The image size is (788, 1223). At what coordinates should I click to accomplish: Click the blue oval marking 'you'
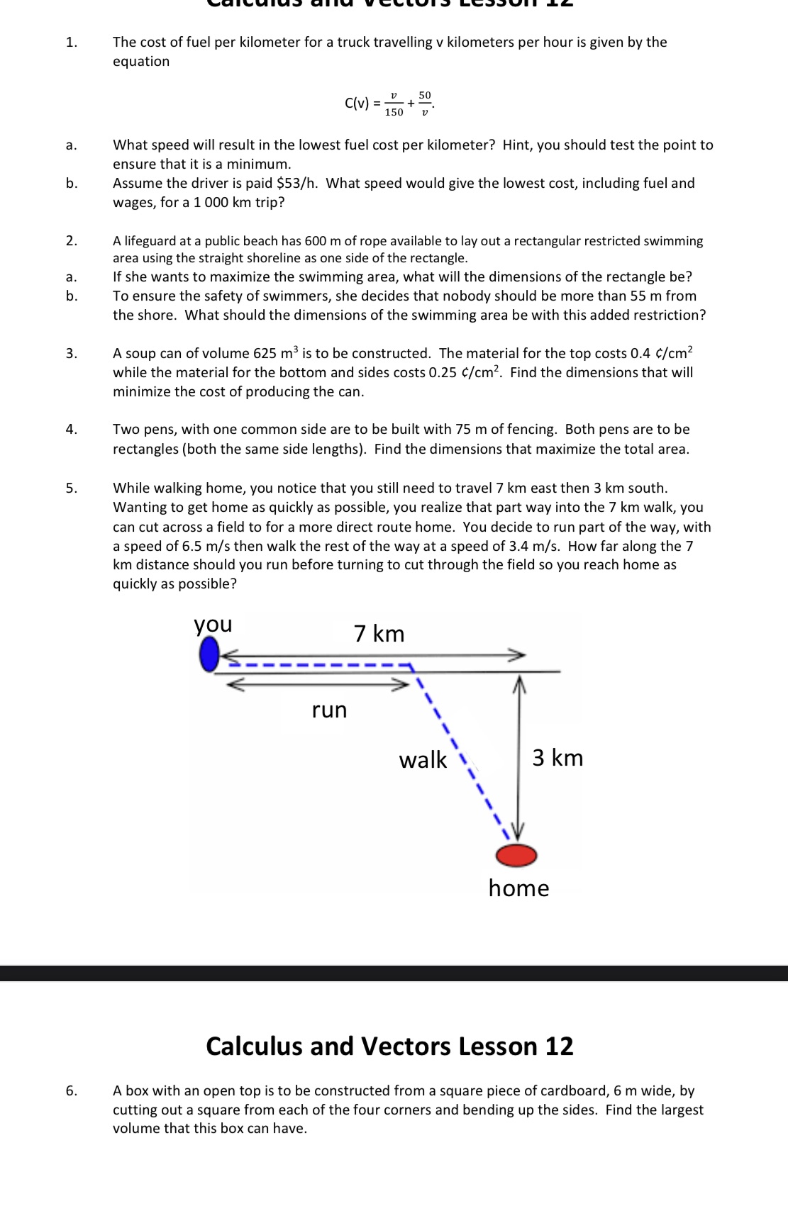209,654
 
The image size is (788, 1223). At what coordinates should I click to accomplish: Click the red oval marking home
516,856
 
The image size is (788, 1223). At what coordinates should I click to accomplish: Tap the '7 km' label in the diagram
379,633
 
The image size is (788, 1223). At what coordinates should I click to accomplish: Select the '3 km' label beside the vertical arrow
557,758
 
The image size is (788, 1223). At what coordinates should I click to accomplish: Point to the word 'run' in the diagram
329,710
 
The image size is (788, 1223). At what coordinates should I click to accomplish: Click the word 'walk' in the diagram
423,760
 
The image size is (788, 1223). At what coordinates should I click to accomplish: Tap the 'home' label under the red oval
518,888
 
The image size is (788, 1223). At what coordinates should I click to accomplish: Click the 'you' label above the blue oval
213,625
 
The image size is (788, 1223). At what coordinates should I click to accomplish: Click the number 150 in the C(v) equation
394,112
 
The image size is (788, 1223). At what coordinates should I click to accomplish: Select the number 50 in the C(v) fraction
425,95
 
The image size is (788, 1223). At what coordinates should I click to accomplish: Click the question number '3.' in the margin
72,354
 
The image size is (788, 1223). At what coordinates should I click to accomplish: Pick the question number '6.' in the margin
72,1091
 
